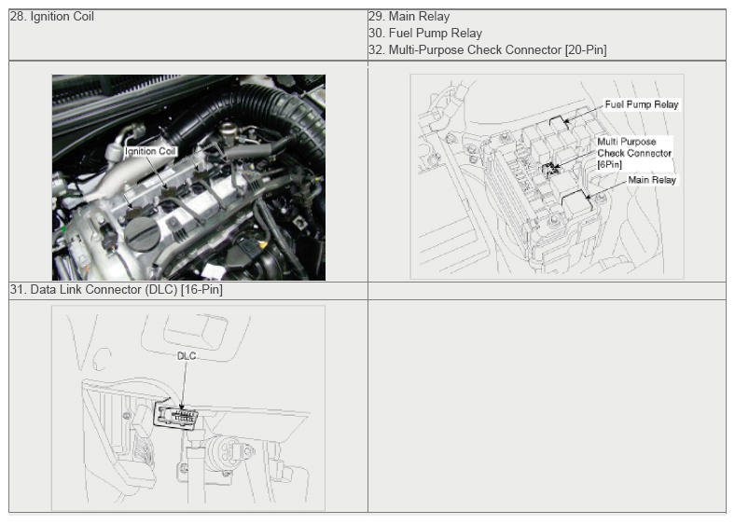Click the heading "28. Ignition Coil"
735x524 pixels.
pos(51,17)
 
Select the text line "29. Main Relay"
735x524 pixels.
pos(409,17)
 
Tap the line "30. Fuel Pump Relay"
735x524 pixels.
pos(424,34)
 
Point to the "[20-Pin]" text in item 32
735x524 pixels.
pos(586,50)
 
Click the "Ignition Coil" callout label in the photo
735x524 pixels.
pos(149,150)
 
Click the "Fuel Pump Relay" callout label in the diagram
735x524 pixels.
pos(642,104)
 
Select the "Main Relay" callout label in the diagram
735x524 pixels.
pos(651,180)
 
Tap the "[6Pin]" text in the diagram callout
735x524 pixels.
pos(609,164)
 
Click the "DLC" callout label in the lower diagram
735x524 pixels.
pos(186,355)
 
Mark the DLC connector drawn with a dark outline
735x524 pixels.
pos(177,414)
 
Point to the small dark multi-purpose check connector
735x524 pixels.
pos(550,168)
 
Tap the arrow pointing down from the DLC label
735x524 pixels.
pos(185,382)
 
